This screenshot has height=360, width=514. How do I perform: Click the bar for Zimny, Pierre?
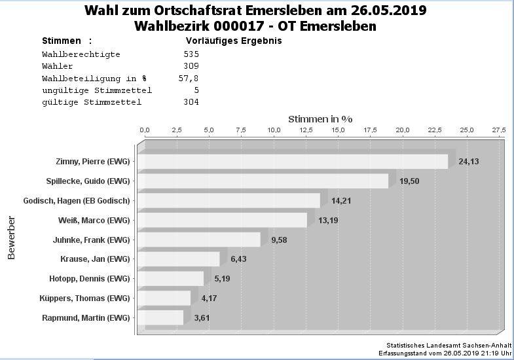[x=293, y=162]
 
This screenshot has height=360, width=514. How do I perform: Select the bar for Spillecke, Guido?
[x=263, y=181]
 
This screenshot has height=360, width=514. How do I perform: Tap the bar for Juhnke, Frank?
[x=200, y=240]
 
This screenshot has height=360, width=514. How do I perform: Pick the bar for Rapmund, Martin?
[x=161, y=318]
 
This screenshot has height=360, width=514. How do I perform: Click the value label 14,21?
[x=341, y=200]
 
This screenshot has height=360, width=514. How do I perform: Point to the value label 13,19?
[x=328, y=220]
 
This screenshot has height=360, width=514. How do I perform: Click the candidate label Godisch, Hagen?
[x=77, y=200]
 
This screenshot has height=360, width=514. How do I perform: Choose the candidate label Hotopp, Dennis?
[x=90, y=279]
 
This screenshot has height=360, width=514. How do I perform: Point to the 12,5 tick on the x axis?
[x=306, y=130]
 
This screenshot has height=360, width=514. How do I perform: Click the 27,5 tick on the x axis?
[x=499, y=130]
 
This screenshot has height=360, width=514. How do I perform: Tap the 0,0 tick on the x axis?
[x=145, y=130]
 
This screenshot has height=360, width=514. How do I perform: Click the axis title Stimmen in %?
[x=320, y=119]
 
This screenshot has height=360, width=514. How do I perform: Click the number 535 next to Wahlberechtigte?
[x=191, y=54]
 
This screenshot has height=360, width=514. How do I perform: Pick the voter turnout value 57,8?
[x=189, y=78]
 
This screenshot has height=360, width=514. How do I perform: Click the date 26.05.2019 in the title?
[x=386, y=11]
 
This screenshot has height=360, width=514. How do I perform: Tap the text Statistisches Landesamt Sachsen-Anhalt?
[x=449, y=345]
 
